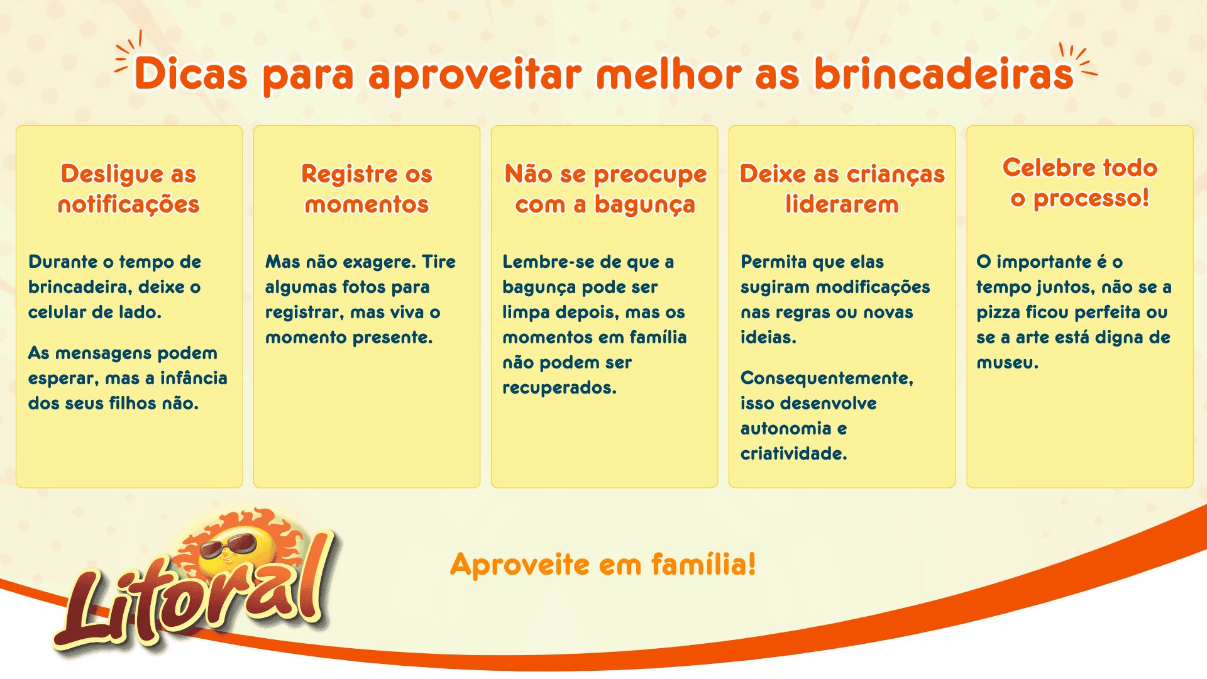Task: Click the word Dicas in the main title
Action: coord(191,74)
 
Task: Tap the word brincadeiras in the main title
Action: coord(944,74)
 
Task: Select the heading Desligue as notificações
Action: coord(128,189)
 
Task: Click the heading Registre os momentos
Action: coord(367,189)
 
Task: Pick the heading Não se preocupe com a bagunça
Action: coord(605,189)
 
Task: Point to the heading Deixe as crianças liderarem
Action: coord(842,189)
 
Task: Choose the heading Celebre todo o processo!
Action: coord(1079,182)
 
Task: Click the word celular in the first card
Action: coord(57,312)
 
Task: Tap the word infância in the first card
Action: coord(194,378)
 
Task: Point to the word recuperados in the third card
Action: coord(558,388)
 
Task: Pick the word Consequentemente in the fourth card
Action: coord(826,378)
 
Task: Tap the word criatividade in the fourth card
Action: coord(793,454)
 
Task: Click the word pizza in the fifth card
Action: coord(998,312)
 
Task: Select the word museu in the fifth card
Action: coord(1006,363)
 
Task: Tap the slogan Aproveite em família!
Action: coord(603,564)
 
